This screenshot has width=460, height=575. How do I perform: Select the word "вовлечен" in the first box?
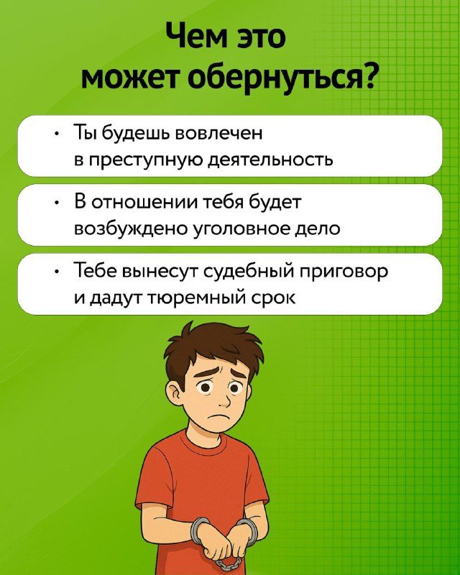pyautogui.click(x=219, y=133)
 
